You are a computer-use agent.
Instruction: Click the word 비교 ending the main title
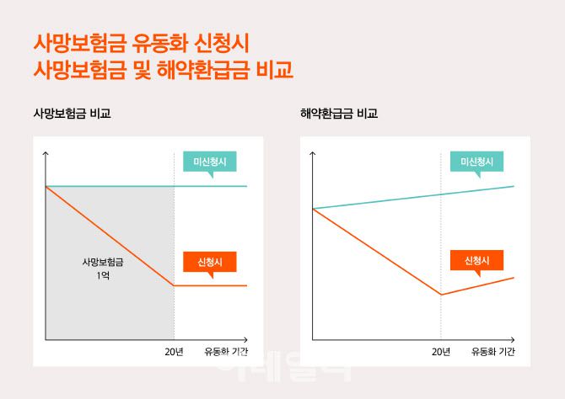click(x=273, y=69)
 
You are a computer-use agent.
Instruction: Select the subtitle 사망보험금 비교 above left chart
click(x=72, y=113)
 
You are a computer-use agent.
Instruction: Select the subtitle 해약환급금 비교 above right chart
click(x=339, y=113)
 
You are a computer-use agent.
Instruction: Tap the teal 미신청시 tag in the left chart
click(x=211, y=162)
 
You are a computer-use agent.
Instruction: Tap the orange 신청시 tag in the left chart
click(x=210, y=262)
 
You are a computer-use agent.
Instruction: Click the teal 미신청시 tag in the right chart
click(x=477, y=162)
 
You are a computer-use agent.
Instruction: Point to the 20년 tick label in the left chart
click(x=175, y=351)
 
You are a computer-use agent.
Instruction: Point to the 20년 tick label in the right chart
click(x=441, y=351)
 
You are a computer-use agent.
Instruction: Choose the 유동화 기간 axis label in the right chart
click(x=492, y=351)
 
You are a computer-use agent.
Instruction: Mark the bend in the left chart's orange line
click(x=175, y=285)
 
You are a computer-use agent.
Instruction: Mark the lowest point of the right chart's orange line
click(x=441, y=295)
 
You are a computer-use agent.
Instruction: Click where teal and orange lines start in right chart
click(x=313, y=208)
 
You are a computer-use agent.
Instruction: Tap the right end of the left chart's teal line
click(x=246, y=185)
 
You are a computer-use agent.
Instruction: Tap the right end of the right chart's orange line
click(x=514, y=277)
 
